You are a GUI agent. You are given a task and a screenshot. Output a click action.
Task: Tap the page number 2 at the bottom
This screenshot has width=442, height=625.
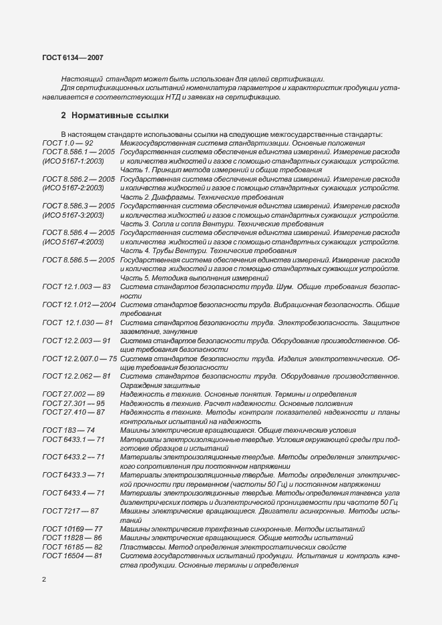pos(44,579)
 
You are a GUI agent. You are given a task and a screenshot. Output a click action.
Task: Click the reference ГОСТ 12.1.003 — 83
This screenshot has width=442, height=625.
pos(76,286)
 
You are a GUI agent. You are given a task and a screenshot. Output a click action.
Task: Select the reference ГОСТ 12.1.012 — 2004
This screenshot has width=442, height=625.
pos(79,304)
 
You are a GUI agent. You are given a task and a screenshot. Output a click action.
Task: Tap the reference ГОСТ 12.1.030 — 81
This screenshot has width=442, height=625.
pos(77,323)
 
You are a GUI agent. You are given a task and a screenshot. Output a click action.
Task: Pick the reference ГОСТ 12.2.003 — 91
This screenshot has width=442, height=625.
pos(76,341)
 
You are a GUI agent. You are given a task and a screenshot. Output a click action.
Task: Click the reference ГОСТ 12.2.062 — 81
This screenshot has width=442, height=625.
pos(76,376)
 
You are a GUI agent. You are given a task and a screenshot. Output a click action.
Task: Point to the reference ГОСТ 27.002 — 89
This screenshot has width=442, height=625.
pos(73,395)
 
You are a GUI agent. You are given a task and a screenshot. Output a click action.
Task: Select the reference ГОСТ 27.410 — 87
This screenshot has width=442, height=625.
pos(73,412)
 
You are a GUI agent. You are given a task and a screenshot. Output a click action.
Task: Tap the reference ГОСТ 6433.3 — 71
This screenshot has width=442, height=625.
pos(73,475)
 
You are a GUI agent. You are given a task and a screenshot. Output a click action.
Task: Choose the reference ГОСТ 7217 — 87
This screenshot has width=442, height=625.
pos(71,511)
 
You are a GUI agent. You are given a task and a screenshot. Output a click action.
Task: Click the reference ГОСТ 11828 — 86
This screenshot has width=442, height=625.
pos(72,538)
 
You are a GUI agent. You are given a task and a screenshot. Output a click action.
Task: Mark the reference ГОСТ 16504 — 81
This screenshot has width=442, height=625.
pos(72,556)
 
